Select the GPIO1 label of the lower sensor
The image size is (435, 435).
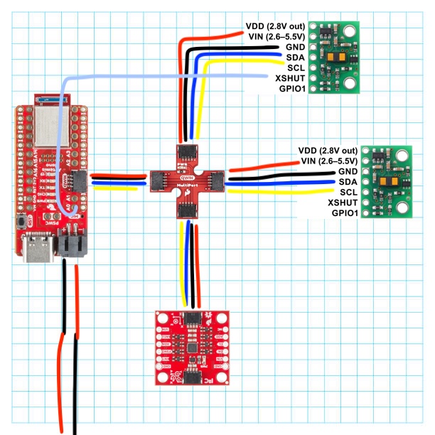(340, 213)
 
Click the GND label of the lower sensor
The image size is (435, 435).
(348, 171)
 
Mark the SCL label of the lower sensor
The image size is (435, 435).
(348, 192)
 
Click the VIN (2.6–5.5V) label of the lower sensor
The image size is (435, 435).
(328, 161)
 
